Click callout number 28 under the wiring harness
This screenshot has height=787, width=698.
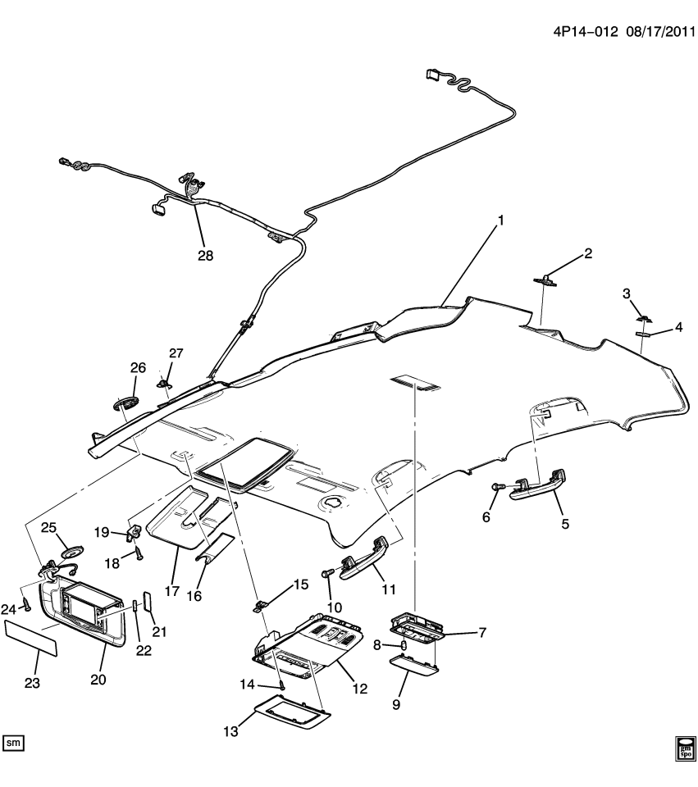[x=205, y=256]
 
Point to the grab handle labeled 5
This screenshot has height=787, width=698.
[x=538, y=487]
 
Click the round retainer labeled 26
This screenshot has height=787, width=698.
[x=125, y=404]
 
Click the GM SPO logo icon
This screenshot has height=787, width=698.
[x=686, y=747]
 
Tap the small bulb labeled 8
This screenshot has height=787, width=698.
[x=404, y=647]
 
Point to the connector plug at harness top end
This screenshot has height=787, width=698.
[x=432, y=75]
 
